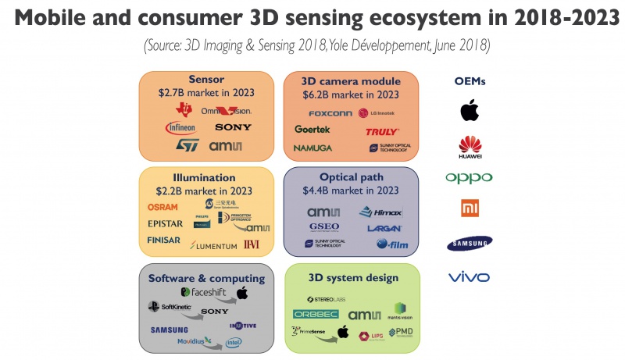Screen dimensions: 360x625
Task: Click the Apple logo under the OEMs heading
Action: click(x=469, y=110)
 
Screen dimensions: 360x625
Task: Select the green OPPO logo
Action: click(x=469, y=177)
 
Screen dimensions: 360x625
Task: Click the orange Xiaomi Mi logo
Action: click(x=469, y=209)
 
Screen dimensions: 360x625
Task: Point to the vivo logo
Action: click(x=469, y=276)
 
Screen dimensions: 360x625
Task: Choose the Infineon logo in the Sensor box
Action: click(x=180, y=127)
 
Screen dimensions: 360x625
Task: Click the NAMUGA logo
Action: click(x=312, y=148)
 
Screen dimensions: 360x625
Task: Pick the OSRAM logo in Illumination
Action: click(x=162, y=207)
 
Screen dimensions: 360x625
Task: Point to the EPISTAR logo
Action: click(x=165, y=223)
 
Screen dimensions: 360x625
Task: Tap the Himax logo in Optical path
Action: click(x=380, y=212)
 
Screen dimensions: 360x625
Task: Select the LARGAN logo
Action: click(x=384, y=228)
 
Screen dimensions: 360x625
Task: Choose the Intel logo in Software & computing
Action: click(x=234, y=342)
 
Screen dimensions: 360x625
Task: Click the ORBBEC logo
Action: click(x=316, y=314)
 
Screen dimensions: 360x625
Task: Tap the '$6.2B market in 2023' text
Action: click(x=351, y=94)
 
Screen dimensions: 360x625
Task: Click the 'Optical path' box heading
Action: click(x=351, y=177)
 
